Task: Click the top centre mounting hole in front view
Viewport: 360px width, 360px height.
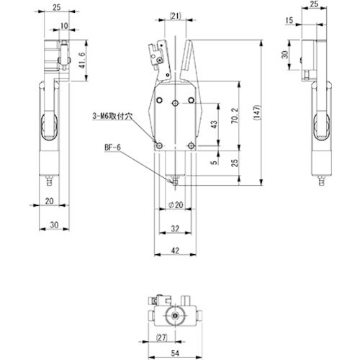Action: click(x=176, y=104)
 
